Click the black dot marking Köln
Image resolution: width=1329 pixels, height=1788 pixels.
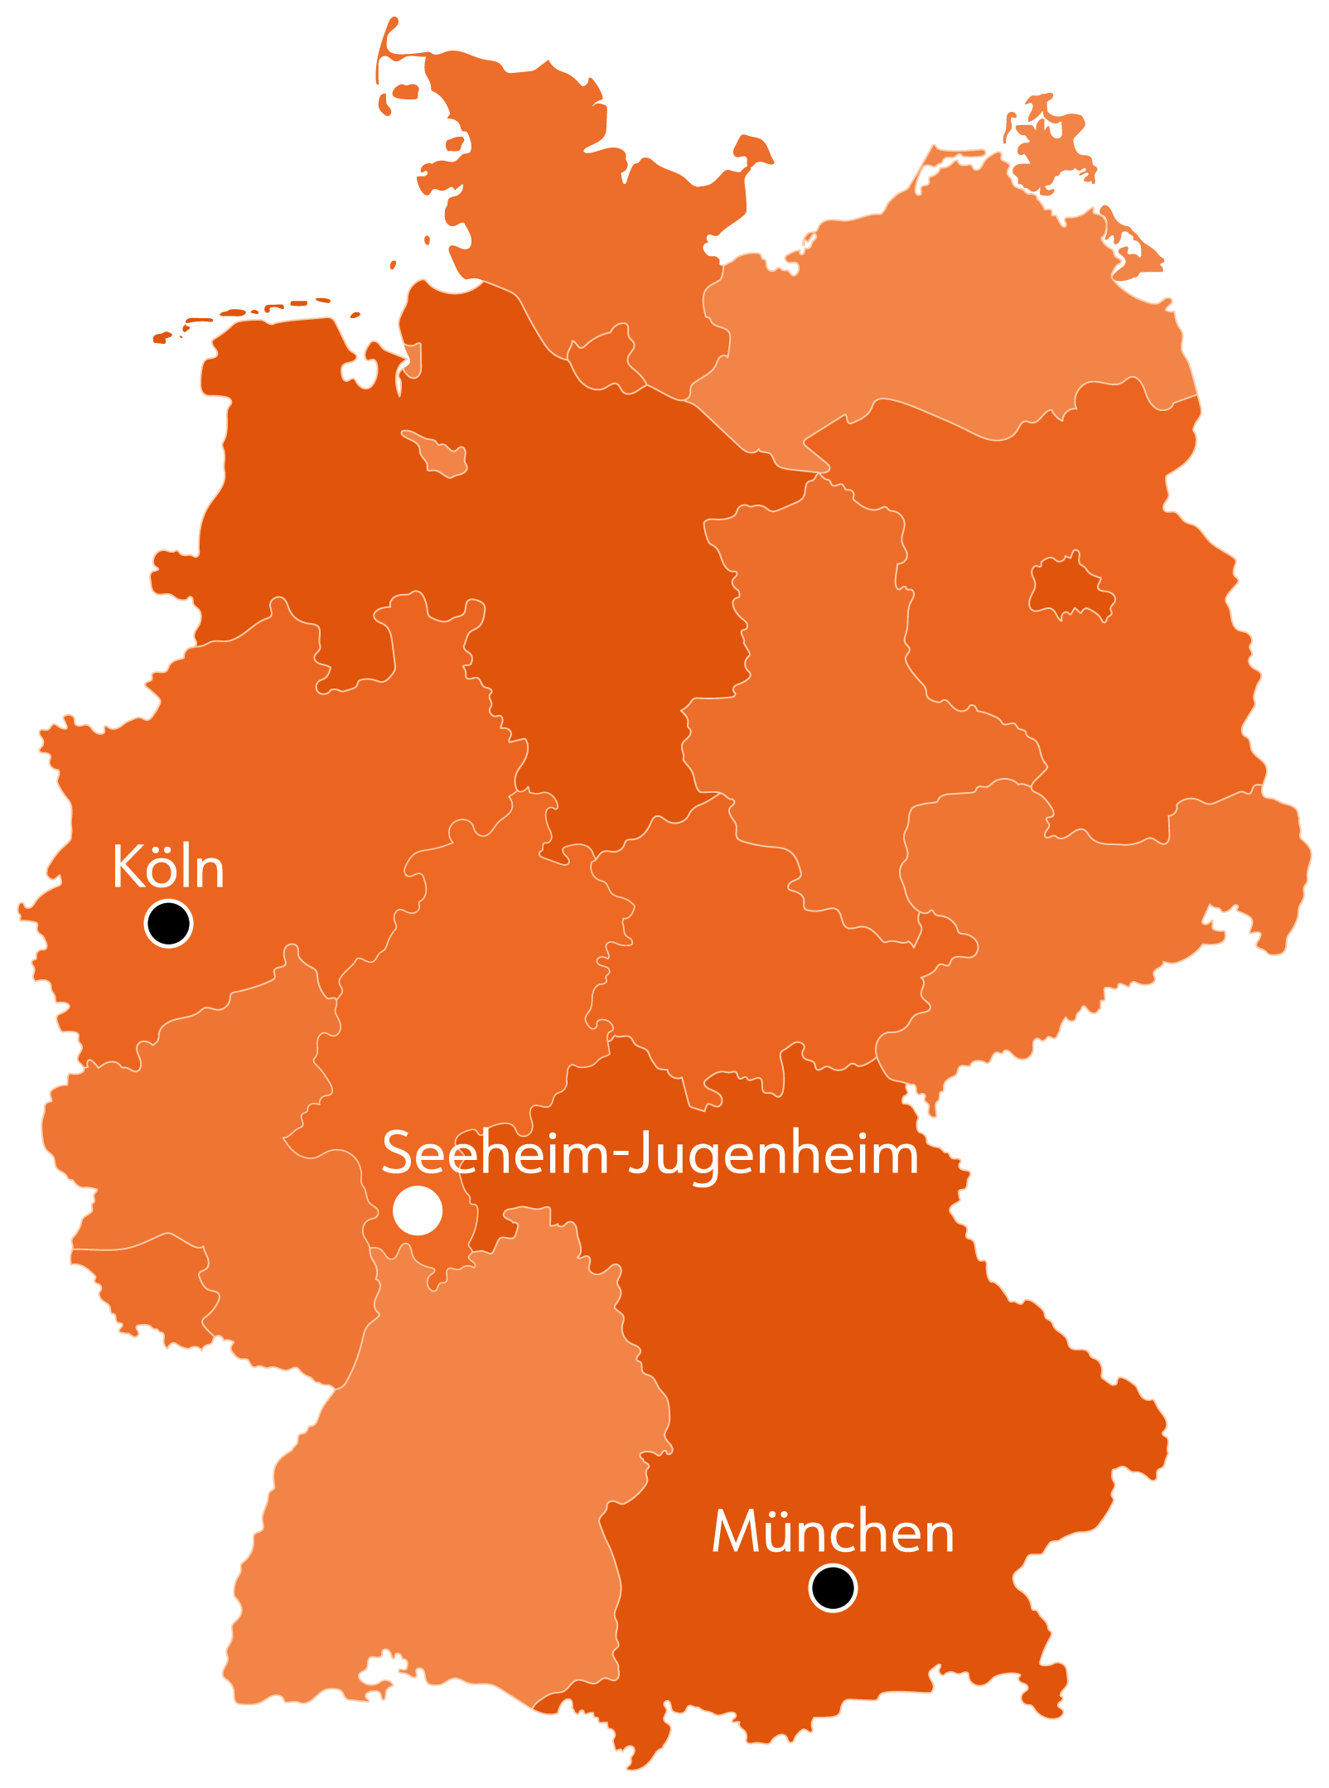click(168, 923)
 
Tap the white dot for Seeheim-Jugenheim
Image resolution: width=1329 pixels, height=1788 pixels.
click(418, 1211)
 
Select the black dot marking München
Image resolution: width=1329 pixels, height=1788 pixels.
click(833, 1588)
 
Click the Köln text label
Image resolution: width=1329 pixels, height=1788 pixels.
click(168, 867)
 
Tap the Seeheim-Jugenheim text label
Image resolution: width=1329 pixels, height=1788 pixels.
click(650, 1153)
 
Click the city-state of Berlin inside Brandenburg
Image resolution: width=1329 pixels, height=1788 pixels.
click(1070, 587)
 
